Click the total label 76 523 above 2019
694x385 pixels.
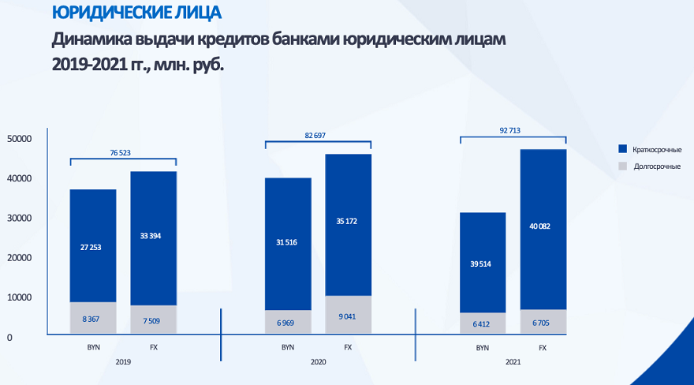pos(121,152)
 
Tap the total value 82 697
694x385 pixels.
pos(317,136)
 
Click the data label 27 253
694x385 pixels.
pos(93,247)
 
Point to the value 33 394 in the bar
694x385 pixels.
pos(153,235)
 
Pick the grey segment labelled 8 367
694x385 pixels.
pos(93,318)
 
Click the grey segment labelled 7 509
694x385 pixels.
pos(153,320)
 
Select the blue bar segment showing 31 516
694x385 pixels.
pos(288,242)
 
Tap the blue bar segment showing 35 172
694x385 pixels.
pos(348,222)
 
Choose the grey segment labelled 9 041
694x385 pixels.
pos(348,316)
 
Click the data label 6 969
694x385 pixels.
pos(288,322)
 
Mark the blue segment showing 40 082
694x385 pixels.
pos(543,227)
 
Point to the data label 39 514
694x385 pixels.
pos(483,264)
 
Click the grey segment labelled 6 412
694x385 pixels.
pos(483,323)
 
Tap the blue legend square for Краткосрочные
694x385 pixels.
pos(622,149)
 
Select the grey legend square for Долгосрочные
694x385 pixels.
pos(622,166)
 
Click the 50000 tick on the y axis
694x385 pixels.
pos(18,139)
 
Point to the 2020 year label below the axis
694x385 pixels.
pos(318,361)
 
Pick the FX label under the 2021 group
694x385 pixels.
pos(543,347)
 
